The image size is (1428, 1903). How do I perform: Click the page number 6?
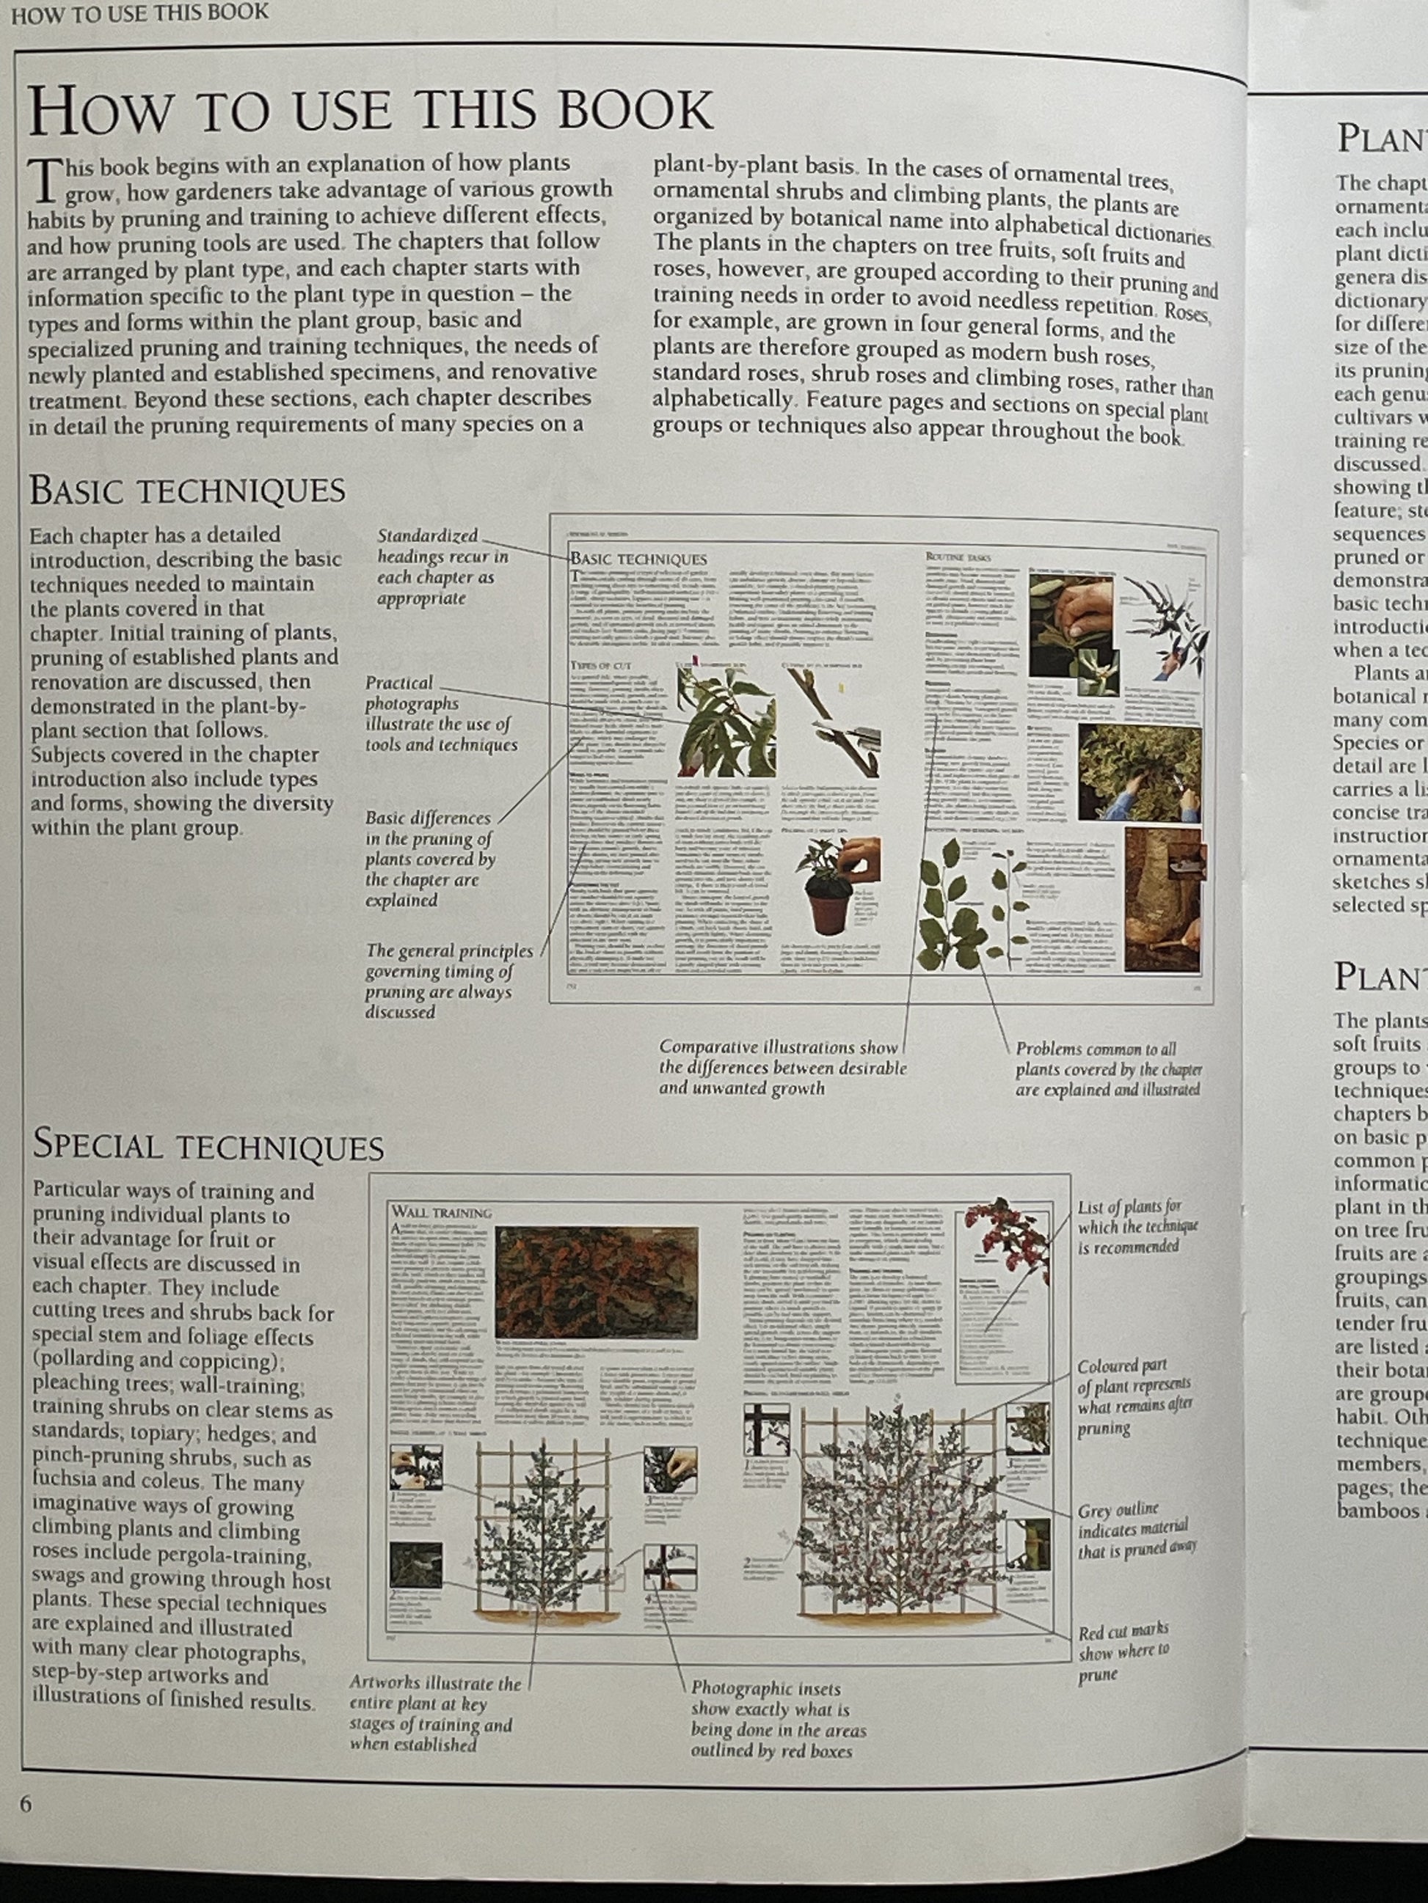26,1803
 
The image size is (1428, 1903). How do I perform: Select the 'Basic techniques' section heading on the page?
187,491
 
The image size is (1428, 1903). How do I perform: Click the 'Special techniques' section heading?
208,1147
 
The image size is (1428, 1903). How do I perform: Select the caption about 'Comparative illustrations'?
782,1067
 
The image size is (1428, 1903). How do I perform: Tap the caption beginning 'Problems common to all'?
1109,1068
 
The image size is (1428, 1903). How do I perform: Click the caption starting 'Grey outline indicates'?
1136,1531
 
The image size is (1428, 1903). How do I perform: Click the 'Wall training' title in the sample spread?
442,1213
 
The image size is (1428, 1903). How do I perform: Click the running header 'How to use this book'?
139,14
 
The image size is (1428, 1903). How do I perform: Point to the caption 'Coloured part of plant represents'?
1134,1397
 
